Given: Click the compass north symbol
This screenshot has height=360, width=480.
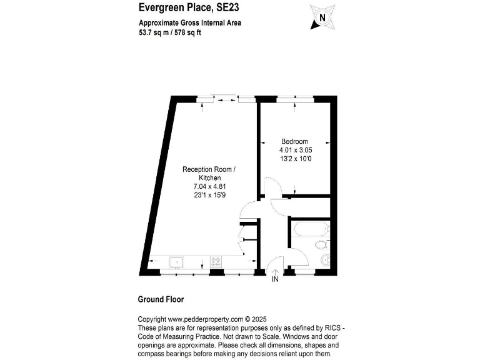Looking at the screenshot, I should [322, 17].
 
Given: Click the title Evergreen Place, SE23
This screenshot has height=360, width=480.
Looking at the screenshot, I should [180, 7].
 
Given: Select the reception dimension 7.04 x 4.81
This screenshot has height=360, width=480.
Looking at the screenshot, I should [209, 186].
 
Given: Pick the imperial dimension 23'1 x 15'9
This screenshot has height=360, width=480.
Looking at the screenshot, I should [209, 194].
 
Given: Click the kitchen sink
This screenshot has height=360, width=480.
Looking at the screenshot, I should [177, 262].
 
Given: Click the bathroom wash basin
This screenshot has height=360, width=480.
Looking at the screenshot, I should [325, 260].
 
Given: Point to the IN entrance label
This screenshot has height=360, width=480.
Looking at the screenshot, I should [275, 279].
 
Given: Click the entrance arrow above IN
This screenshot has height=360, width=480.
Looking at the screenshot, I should [275, 270].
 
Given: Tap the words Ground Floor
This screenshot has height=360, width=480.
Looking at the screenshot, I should [161, 299].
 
